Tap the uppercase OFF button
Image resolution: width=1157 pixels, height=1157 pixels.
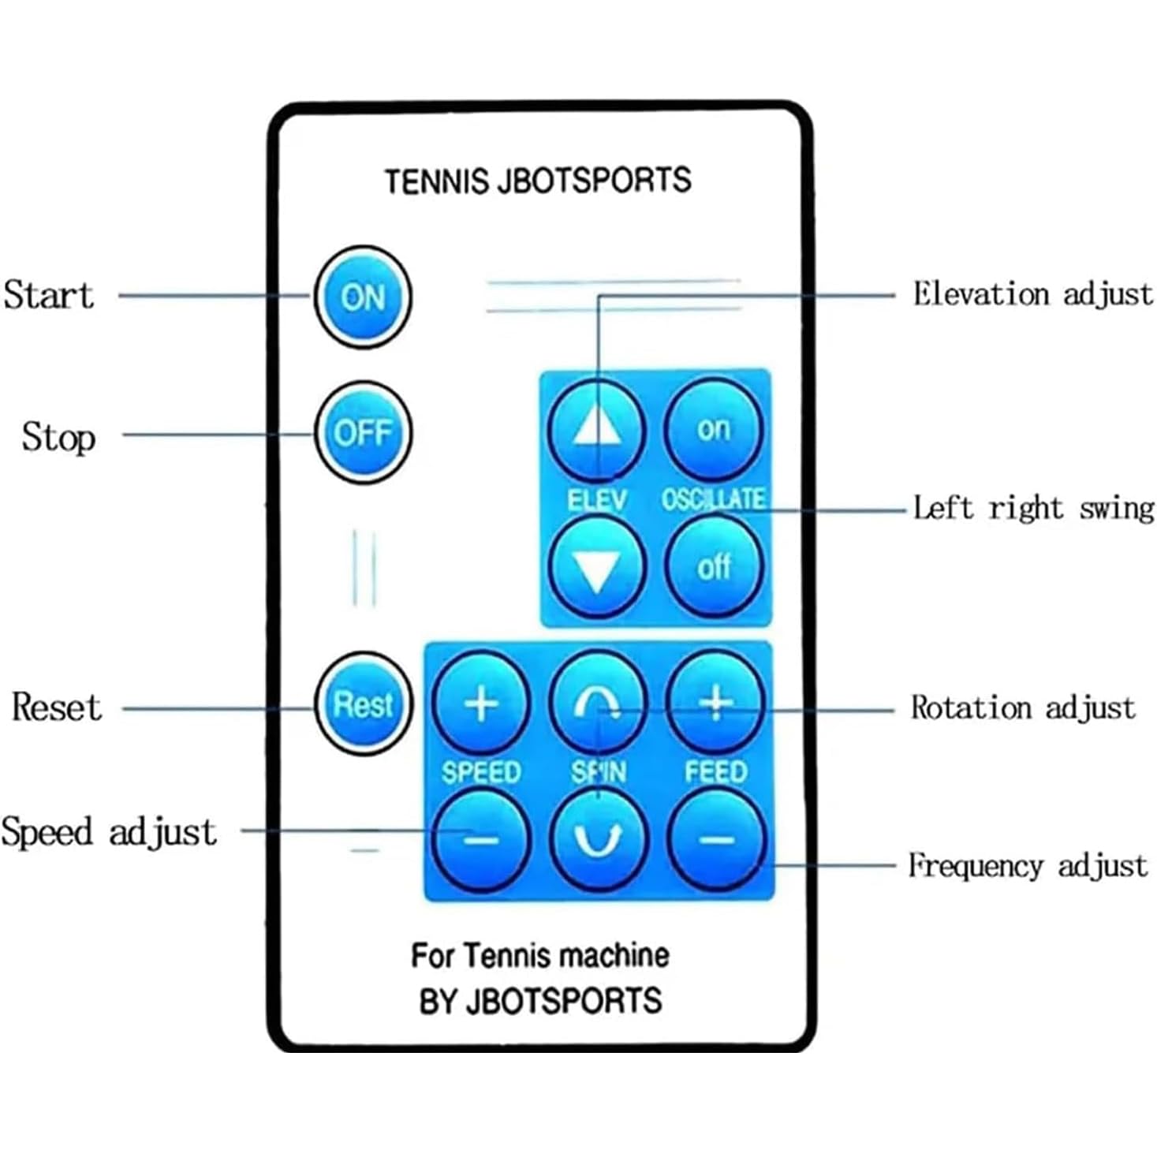(x=364, y=433)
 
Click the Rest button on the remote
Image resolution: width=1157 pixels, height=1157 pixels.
(x=364, y=704)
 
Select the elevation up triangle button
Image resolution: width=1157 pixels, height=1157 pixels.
(x=597, y=430)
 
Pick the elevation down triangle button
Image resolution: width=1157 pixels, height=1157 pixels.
(x=597, y=567)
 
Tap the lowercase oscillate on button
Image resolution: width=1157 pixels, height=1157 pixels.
(x=714, y=429)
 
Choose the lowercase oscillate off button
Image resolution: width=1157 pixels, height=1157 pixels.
(x=714, y=567)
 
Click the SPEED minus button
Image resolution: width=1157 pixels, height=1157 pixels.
(x=481, y=840)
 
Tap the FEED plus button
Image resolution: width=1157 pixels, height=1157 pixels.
(x=715, y=703)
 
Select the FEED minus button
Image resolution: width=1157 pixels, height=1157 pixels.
(x=716, y=840)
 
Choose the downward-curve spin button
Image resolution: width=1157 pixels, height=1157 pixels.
(x=598, y=840)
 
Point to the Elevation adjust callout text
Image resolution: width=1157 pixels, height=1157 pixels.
(x=1032, y=294)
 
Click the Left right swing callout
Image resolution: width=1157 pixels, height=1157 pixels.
(x=1033, y=508)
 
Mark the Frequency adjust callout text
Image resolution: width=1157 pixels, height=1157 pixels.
(x=1028, y=866)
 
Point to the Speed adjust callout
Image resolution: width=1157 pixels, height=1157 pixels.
(x=109, y=832)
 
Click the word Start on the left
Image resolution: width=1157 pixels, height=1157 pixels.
(x=49, y=295)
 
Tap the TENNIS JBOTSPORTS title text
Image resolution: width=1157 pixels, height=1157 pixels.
(x=538, y=181)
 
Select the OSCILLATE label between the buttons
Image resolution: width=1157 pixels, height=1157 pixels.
(x=713, y=499)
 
